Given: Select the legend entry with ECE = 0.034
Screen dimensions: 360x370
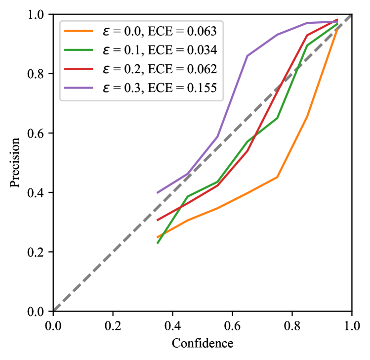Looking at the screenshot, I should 141,50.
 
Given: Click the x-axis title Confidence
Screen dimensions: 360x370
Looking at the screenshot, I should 202,343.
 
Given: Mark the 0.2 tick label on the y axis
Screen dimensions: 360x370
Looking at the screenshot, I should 38,252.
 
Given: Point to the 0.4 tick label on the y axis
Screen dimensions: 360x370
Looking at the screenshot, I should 38,192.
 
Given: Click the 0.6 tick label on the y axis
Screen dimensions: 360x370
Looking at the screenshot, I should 38,133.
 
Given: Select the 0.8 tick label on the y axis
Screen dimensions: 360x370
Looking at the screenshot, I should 38,74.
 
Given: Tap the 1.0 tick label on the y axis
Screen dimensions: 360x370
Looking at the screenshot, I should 38,15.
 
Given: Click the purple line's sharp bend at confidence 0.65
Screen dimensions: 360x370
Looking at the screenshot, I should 247,56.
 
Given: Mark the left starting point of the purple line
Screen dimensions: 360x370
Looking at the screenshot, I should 158,193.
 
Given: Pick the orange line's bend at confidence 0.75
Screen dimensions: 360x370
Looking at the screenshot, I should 277,177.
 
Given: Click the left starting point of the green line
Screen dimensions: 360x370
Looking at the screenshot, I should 158,243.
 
